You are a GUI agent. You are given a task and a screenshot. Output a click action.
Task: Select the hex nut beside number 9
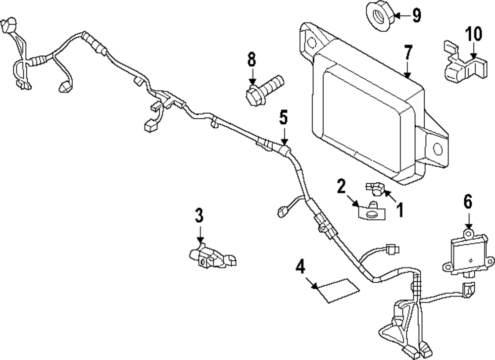tap(380, 14)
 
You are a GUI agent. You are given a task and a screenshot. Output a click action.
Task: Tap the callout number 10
tap(473, 35)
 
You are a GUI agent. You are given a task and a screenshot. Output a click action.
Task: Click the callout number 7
tap(408, 52)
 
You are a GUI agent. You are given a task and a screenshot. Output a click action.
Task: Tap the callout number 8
tap(251, 60)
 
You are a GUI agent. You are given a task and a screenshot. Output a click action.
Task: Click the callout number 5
tap(283, 118)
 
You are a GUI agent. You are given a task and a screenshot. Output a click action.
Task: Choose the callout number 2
tap(341, 186)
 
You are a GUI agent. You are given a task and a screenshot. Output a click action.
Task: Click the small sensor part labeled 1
tap(375, 187)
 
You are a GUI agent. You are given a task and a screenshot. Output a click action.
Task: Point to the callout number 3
tap(198, 215)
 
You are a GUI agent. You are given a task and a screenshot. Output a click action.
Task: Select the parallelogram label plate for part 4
tap(338, 290)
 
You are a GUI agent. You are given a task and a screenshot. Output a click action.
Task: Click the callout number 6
tap(468, 202)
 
